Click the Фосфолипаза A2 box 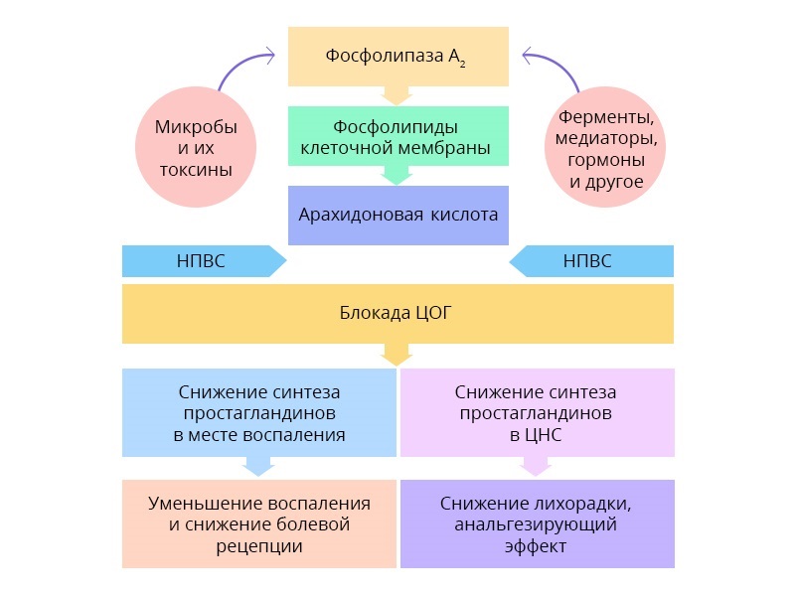coord(397,56)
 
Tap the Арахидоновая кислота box coord(397,215)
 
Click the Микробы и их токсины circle coord(196,148)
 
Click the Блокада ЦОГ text coord(397,314)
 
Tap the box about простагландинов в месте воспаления coord(258,412)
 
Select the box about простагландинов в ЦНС coord(537,412)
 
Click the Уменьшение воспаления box coord(258,523)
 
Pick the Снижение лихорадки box coord(537,523)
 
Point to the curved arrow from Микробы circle coord(238,68)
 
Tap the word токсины coord(196,170)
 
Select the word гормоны coord(605,160)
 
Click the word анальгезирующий coord(536,524)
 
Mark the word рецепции coord(259,546)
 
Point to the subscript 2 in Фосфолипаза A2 coord(462,63)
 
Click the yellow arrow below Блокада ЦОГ coord(397,354)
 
